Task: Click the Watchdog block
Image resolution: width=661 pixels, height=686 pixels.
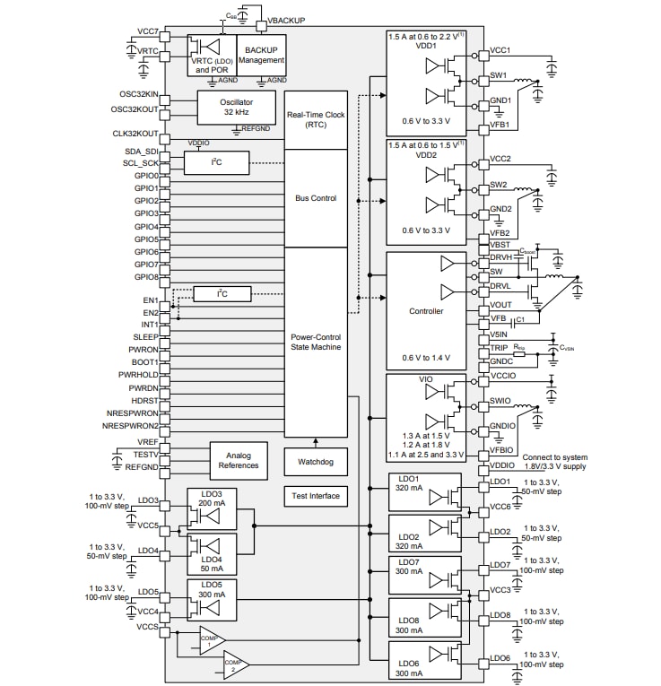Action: [316, 462]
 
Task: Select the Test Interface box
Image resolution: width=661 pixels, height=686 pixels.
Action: [316, 496]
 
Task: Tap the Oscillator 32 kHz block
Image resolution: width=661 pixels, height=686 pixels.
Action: [236, 108]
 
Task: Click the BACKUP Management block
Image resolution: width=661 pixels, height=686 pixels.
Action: [261, 54]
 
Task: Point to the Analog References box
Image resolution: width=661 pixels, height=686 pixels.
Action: [238, 459]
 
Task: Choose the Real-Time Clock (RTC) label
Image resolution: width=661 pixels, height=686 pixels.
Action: [316, 119]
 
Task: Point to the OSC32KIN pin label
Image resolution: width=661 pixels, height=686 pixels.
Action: [134, 94]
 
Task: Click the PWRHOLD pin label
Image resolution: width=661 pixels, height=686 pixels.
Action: [138, 375]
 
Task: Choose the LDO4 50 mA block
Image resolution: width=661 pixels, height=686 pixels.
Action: [212, 553]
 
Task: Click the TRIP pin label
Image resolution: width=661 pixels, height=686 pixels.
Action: [500, 347]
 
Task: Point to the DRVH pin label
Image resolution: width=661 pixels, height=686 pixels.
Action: [501, 256]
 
